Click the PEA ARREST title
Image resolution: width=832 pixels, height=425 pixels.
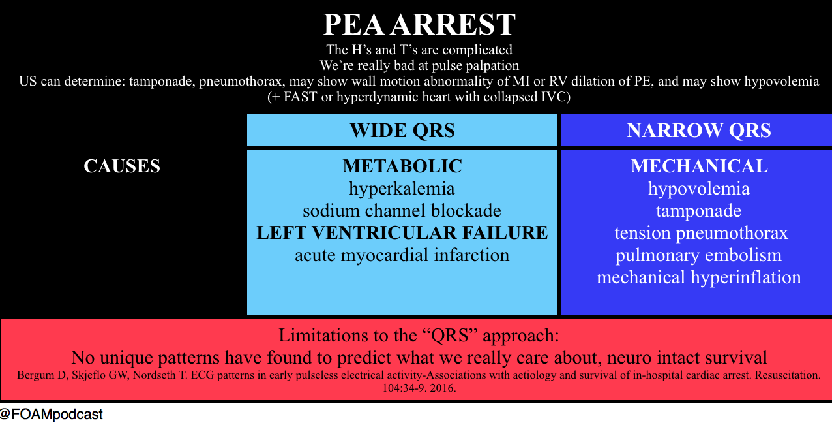[419, 25]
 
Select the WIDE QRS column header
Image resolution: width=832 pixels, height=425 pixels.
[402, 131]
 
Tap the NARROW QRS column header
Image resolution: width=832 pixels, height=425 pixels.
[699, 131]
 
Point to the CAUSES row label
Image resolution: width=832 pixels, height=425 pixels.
[122, 166]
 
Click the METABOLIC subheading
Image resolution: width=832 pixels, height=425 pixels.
[402, 166]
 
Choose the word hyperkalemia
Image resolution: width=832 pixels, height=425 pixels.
[402, 189]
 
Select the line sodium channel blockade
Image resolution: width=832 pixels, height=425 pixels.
[402, 211]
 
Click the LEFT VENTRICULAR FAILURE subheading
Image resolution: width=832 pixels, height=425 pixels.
[402, 233]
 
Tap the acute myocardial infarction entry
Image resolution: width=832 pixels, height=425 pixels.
[402, 256]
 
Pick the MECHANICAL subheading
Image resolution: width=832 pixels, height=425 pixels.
[700, 166]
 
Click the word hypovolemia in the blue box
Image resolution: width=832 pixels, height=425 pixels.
[698, 189]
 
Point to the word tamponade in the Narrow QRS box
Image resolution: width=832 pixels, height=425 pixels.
[698, 212]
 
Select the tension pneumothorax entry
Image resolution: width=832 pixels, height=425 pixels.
[701, 234]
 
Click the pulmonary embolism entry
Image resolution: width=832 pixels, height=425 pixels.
[698, 256]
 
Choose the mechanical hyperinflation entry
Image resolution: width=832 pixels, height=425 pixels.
[698, 277]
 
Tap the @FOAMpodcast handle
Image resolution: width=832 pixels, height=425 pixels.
[52, 414]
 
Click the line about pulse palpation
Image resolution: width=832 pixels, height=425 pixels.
[419, 65]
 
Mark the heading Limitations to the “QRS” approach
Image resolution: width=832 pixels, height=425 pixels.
[419, 336]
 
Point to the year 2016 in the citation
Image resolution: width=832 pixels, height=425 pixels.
[443, 388]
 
